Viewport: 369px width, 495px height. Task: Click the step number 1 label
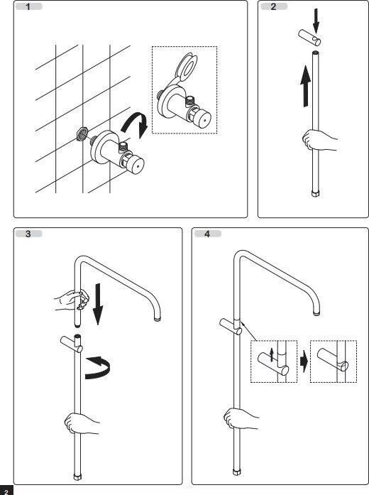(x=28, y=6)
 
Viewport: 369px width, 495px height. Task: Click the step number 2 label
(x=273, y=6)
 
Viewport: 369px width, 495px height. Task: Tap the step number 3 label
(x=28, y=234)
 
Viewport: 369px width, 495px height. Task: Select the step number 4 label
(x=207, y=234)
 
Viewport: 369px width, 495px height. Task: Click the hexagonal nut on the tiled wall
(x=82, y=133)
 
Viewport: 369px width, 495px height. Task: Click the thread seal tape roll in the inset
(x=186, y=67)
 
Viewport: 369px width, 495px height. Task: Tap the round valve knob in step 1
(x=137, y=164)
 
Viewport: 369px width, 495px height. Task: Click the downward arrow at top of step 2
(x=316, y=21)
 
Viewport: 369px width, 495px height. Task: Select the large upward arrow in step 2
(x=305, y=86)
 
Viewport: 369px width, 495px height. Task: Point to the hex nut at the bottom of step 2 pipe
(x=315, y=193)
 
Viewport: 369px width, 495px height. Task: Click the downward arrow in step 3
(x=98, y=304)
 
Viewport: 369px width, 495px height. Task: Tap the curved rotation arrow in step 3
(x=99, y=367)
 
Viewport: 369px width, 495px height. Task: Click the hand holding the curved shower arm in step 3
(x=72, y=300)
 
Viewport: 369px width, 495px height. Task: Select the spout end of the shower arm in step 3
(x=158, y=319)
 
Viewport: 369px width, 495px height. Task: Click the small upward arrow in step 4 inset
(x=272, y=355)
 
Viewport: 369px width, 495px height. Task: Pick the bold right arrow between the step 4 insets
(x=304, y=361)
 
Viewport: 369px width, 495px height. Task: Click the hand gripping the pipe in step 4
(x=241, y=419)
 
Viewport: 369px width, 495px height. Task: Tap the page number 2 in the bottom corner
(x=6, y=491)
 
